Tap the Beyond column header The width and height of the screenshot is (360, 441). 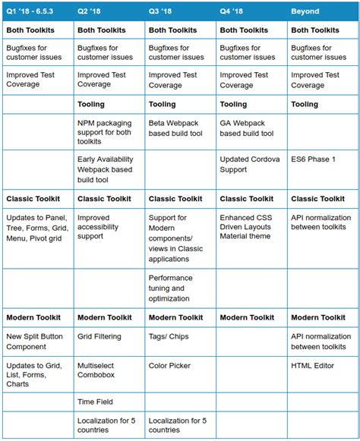point(305,11)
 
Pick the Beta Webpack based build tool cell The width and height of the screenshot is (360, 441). point(179,128)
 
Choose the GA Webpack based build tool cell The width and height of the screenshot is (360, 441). point(251,128)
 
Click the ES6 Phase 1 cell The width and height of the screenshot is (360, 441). point(312,159)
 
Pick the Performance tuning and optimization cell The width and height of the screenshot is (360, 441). point(176,288)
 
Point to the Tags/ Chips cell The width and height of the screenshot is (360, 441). point(169,335)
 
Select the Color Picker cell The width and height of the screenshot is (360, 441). point(170,365)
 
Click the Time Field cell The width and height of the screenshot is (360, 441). point(95,401)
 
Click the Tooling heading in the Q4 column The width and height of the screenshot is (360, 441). point(234,105)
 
